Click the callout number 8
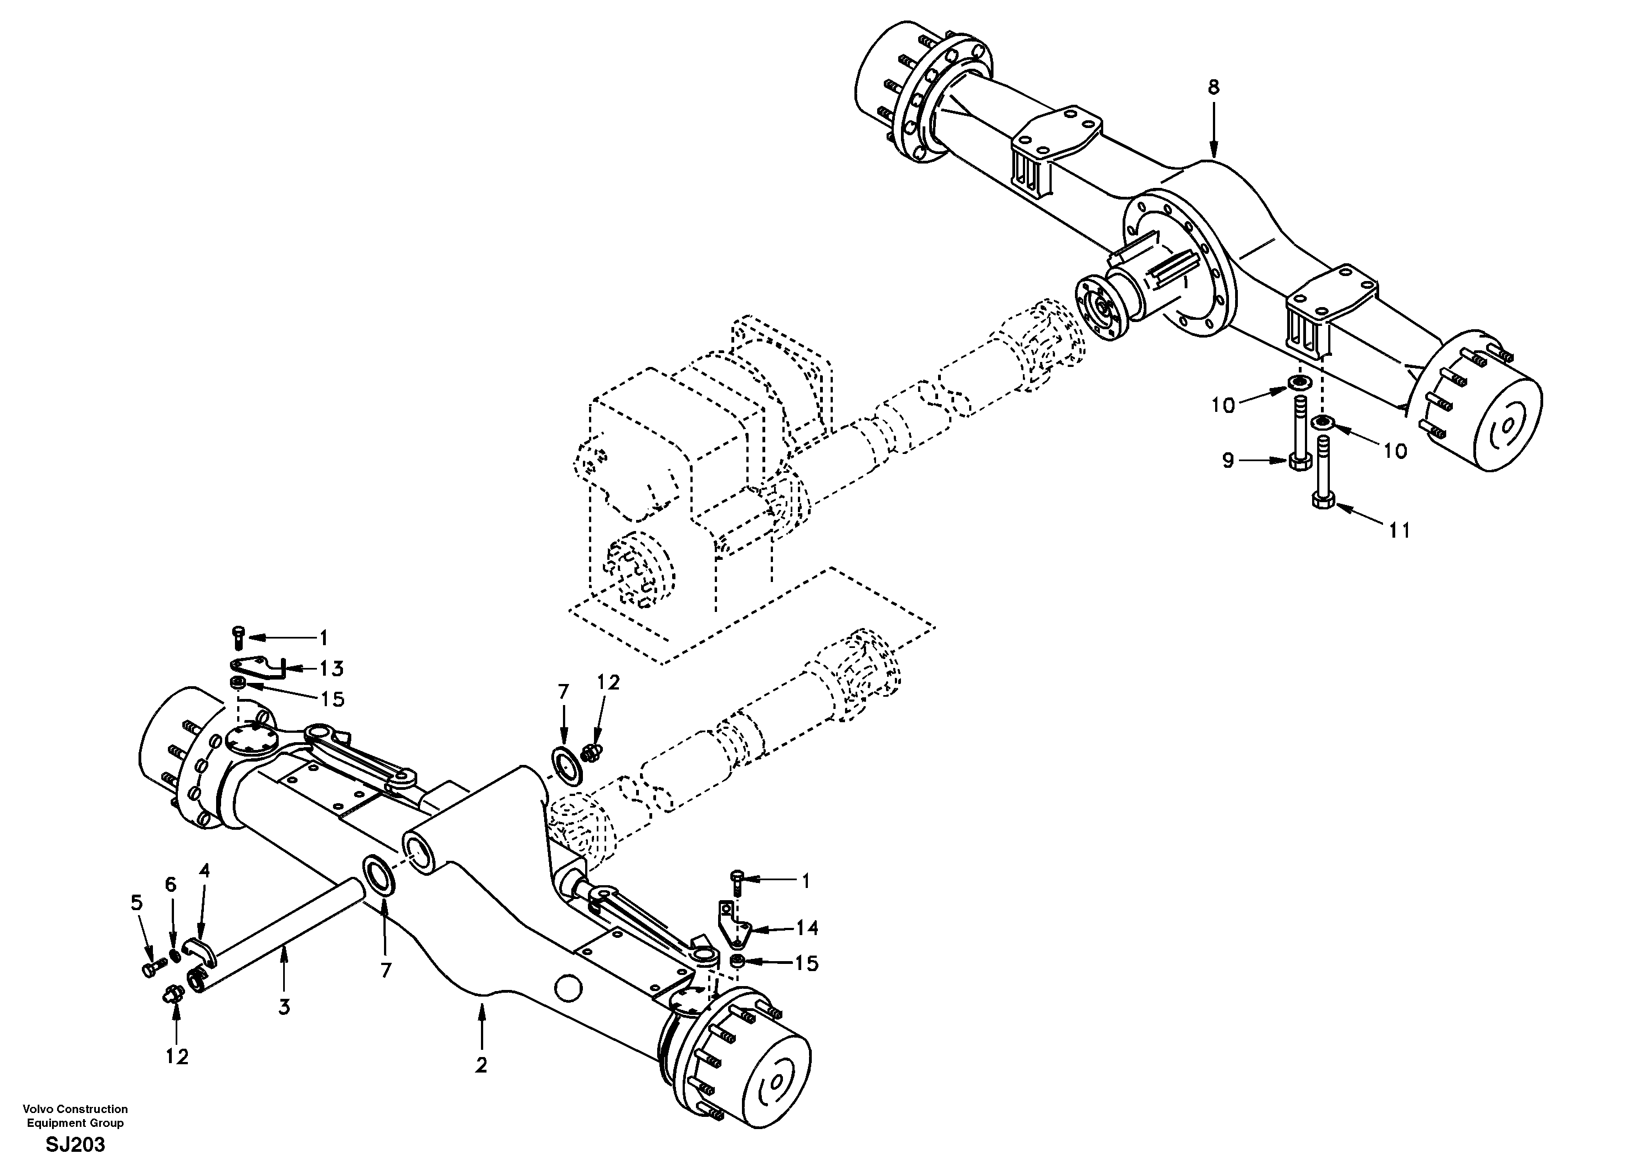(1213, 88)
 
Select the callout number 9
(1228, 461)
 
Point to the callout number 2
(481, 1065)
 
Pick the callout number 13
(331, 668)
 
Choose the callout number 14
(807, 928)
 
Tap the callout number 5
(136, 902)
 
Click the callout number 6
(170, 885)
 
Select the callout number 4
(204, 871)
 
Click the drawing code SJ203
(75, 1145)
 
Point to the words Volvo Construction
(75, 1109)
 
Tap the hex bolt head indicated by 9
(1298, 461)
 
